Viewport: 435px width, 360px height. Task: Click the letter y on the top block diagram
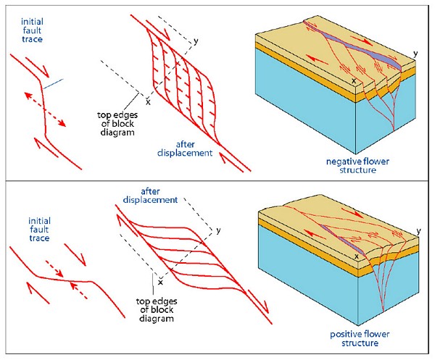(415, 54)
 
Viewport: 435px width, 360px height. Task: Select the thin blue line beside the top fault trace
(53, 85)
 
